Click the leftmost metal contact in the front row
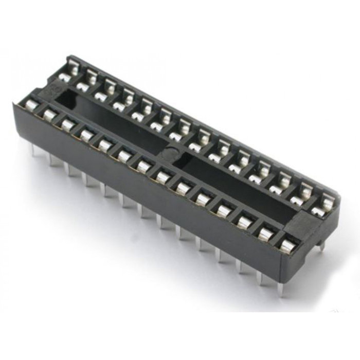31,105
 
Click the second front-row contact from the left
50,114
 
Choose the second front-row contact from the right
265,233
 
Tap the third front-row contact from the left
68,123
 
